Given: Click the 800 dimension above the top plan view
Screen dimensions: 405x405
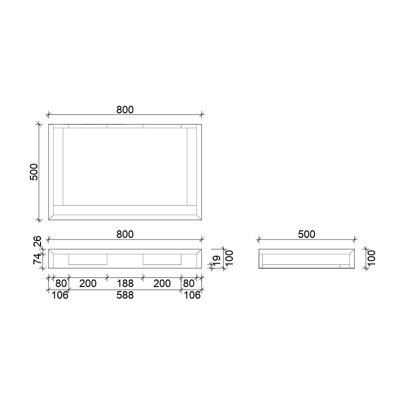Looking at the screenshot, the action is click(x=125, y=110).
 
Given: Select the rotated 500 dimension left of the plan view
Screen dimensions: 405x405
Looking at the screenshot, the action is click(x=34, y=172).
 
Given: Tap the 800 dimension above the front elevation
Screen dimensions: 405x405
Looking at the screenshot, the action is click(x=125, y=234).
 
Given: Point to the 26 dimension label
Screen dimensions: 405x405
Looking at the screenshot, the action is click(x=37, y=241).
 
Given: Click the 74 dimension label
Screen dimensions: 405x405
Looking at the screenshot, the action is click(x=37, y=259).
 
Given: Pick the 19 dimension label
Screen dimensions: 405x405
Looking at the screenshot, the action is click(x=217, y=260).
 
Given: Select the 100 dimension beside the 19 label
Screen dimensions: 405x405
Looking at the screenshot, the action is click(x=229, y=258).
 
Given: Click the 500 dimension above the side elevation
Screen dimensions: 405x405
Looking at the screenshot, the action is click(x=307, y=234).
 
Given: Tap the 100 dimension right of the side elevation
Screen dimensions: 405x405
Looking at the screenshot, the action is click(x=371, y=258).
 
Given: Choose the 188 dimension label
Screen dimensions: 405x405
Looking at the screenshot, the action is click(x=125, y=283).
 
